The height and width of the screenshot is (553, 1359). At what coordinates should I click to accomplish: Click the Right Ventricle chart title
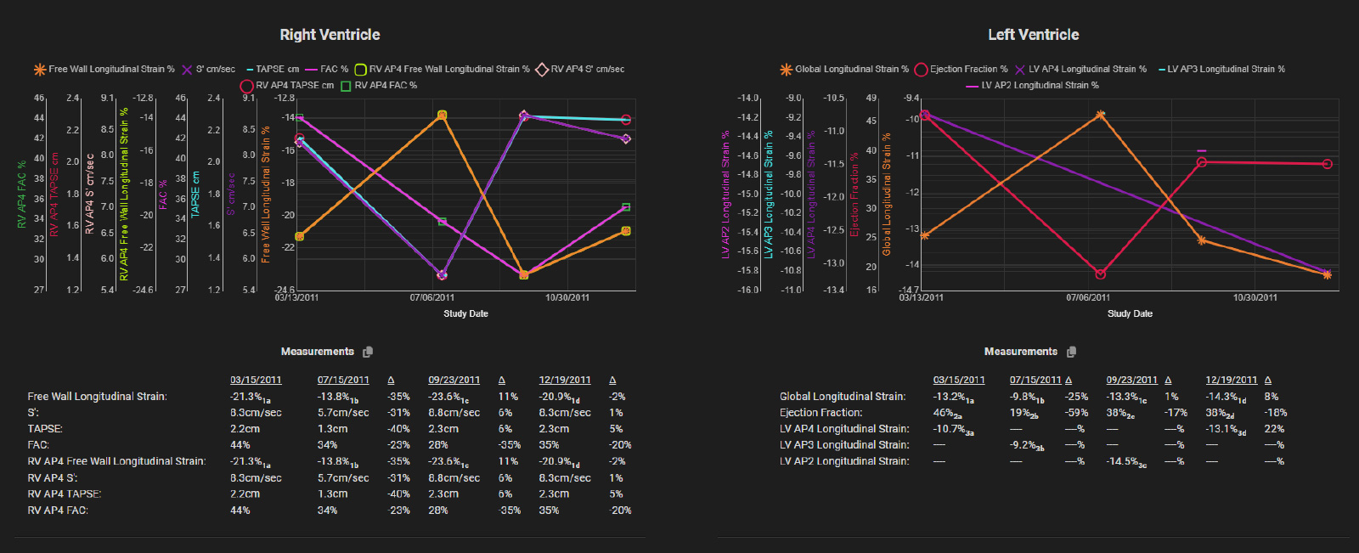[x=330, y=35]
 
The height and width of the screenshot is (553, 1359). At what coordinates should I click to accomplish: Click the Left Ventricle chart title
[x=1033, y=35]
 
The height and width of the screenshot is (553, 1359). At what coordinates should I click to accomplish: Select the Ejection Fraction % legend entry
[x=961, y=70]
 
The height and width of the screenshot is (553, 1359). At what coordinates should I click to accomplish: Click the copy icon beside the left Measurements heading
[x=368, y=352]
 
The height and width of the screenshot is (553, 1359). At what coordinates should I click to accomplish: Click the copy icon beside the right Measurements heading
[x=1071, y=352]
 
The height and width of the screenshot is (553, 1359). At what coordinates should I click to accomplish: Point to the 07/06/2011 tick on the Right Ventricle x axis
[x=431, y=297]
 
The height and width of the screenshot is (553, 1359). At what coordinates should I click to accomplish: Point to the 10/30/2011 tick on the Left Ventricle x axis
[x=1255, y=297]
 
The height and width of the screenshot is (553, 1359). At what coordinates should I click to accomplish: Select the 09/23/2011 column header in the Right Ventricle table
[x=454, y=381]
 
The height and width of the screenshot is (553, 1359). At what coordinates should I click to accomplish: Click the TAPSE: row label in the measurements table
[x=45, y=429]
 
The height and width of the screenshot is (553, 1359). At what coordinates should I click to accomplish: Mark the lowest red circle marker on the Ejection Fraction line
[x=1100, y=274]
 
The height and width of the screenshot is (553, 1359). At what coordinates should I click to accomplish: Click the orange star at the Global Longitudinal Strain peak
[x=1100, y=114]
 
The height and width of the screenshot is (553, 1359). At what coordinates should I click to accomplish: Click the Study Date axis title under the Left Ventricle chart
[x=1130, y=313]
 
